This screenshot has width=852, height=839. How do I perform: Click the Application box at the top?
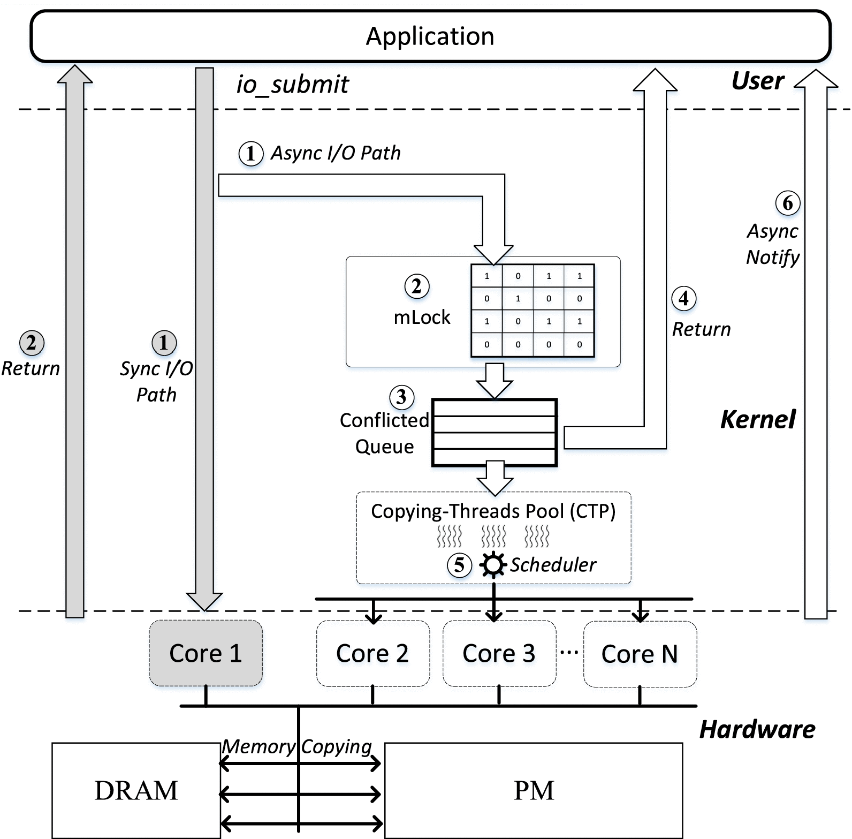click(x=430, y=36)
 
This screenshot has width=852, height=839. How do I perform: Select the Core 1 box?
click(x=206, y=653)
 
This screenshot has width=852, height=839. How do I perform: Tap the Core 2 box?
click(x=372, y=653)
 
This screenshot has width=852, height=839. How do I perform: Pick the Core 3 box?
click(x=499, y=653)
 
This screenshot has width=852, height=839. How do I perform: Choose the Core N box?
click(x=640, y=654)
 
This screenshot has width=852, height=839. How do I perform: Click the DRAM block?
click(x=136, y=790)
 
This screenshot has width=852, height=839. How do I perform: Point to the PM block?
click(x=534, y=790)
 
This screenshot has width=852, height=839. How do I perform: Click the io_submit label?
click(x=293, y=85)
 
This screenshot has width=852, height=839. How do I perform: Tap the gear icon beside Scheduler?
click(x=493, y=564)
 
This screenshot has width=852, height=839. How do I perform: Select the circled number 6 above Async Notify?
click(x=788, y=203)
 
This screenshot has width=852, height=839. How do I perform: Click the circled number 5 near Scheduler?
click(x=459, y=565)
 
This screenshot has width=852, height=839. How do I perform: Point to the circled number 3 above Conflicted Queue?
click(x=401, y=397)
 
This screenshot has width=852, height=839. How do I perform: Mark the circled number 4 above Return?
click(x=683, y=298)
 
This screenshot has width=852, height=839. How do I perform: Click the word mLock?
click(x=422, y=318)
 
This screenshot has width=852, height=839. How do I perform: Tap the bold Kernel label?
click(x=758, y=419)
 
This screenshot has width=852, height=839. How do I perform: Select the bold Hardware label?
click(x=757, y=729)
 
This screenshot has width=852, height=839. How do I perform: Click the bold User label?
click(x=757, y=81)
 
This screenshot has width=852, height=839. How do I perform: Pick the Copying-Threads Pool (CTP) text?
click(x=493, y=511)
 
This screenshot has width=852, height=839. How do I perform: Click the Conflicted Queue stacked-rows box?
click(x=495, y=433)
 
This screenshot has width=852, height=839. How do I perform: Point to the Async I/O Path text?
click(x=336, y=153)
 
